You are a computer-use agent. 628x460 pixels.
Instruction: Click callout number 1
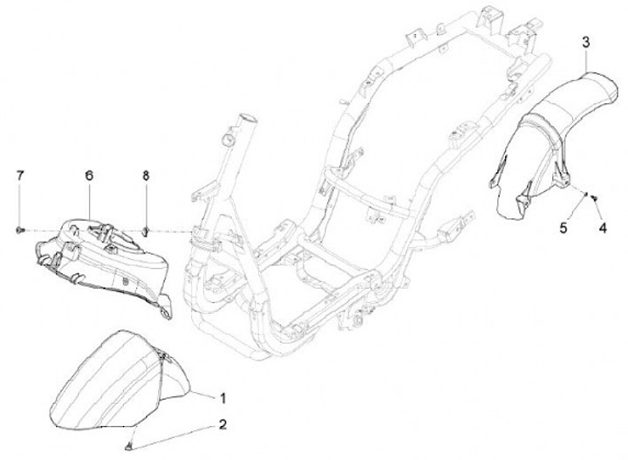point(222,399)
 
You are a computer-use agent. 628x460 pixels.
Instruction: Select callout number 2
point(222,425)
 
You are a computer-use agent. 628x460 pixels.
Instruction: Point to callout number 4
point(601,229)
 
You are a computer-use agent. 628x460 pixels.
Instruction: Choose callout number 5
point(563,229)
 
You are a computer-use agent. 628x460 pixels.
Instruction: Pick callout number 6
point(88,175)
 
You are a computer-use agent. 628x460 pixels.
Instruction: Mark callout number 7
point(19,175)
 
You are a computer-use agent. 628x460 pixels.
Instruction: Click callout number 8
point(147,175)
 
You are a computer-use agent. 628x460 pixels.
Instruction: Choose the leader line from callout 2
point(174,434)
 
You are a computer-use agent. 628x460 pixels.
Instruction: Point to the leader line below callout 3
point(586,59)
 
